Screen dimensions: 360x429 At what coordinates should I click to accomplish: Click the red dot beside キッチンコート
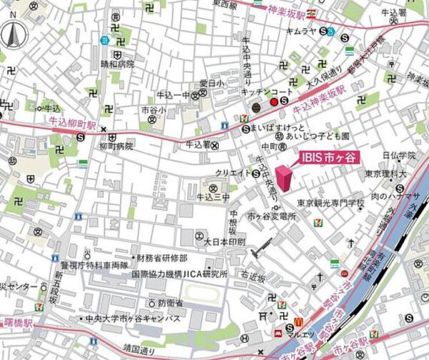click(272, 103)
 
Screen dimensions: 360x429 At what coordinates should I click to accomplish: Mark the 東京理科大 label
click(385, 174)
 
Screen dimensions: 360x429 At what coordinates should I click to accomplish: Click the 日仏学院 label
click(398, 155)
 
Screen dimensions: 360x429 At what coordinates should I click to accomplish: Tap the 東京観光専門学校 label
click(330, 204)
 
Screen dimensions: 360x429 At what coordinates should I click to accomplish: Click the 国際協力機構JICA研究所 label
click(178, 274)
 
